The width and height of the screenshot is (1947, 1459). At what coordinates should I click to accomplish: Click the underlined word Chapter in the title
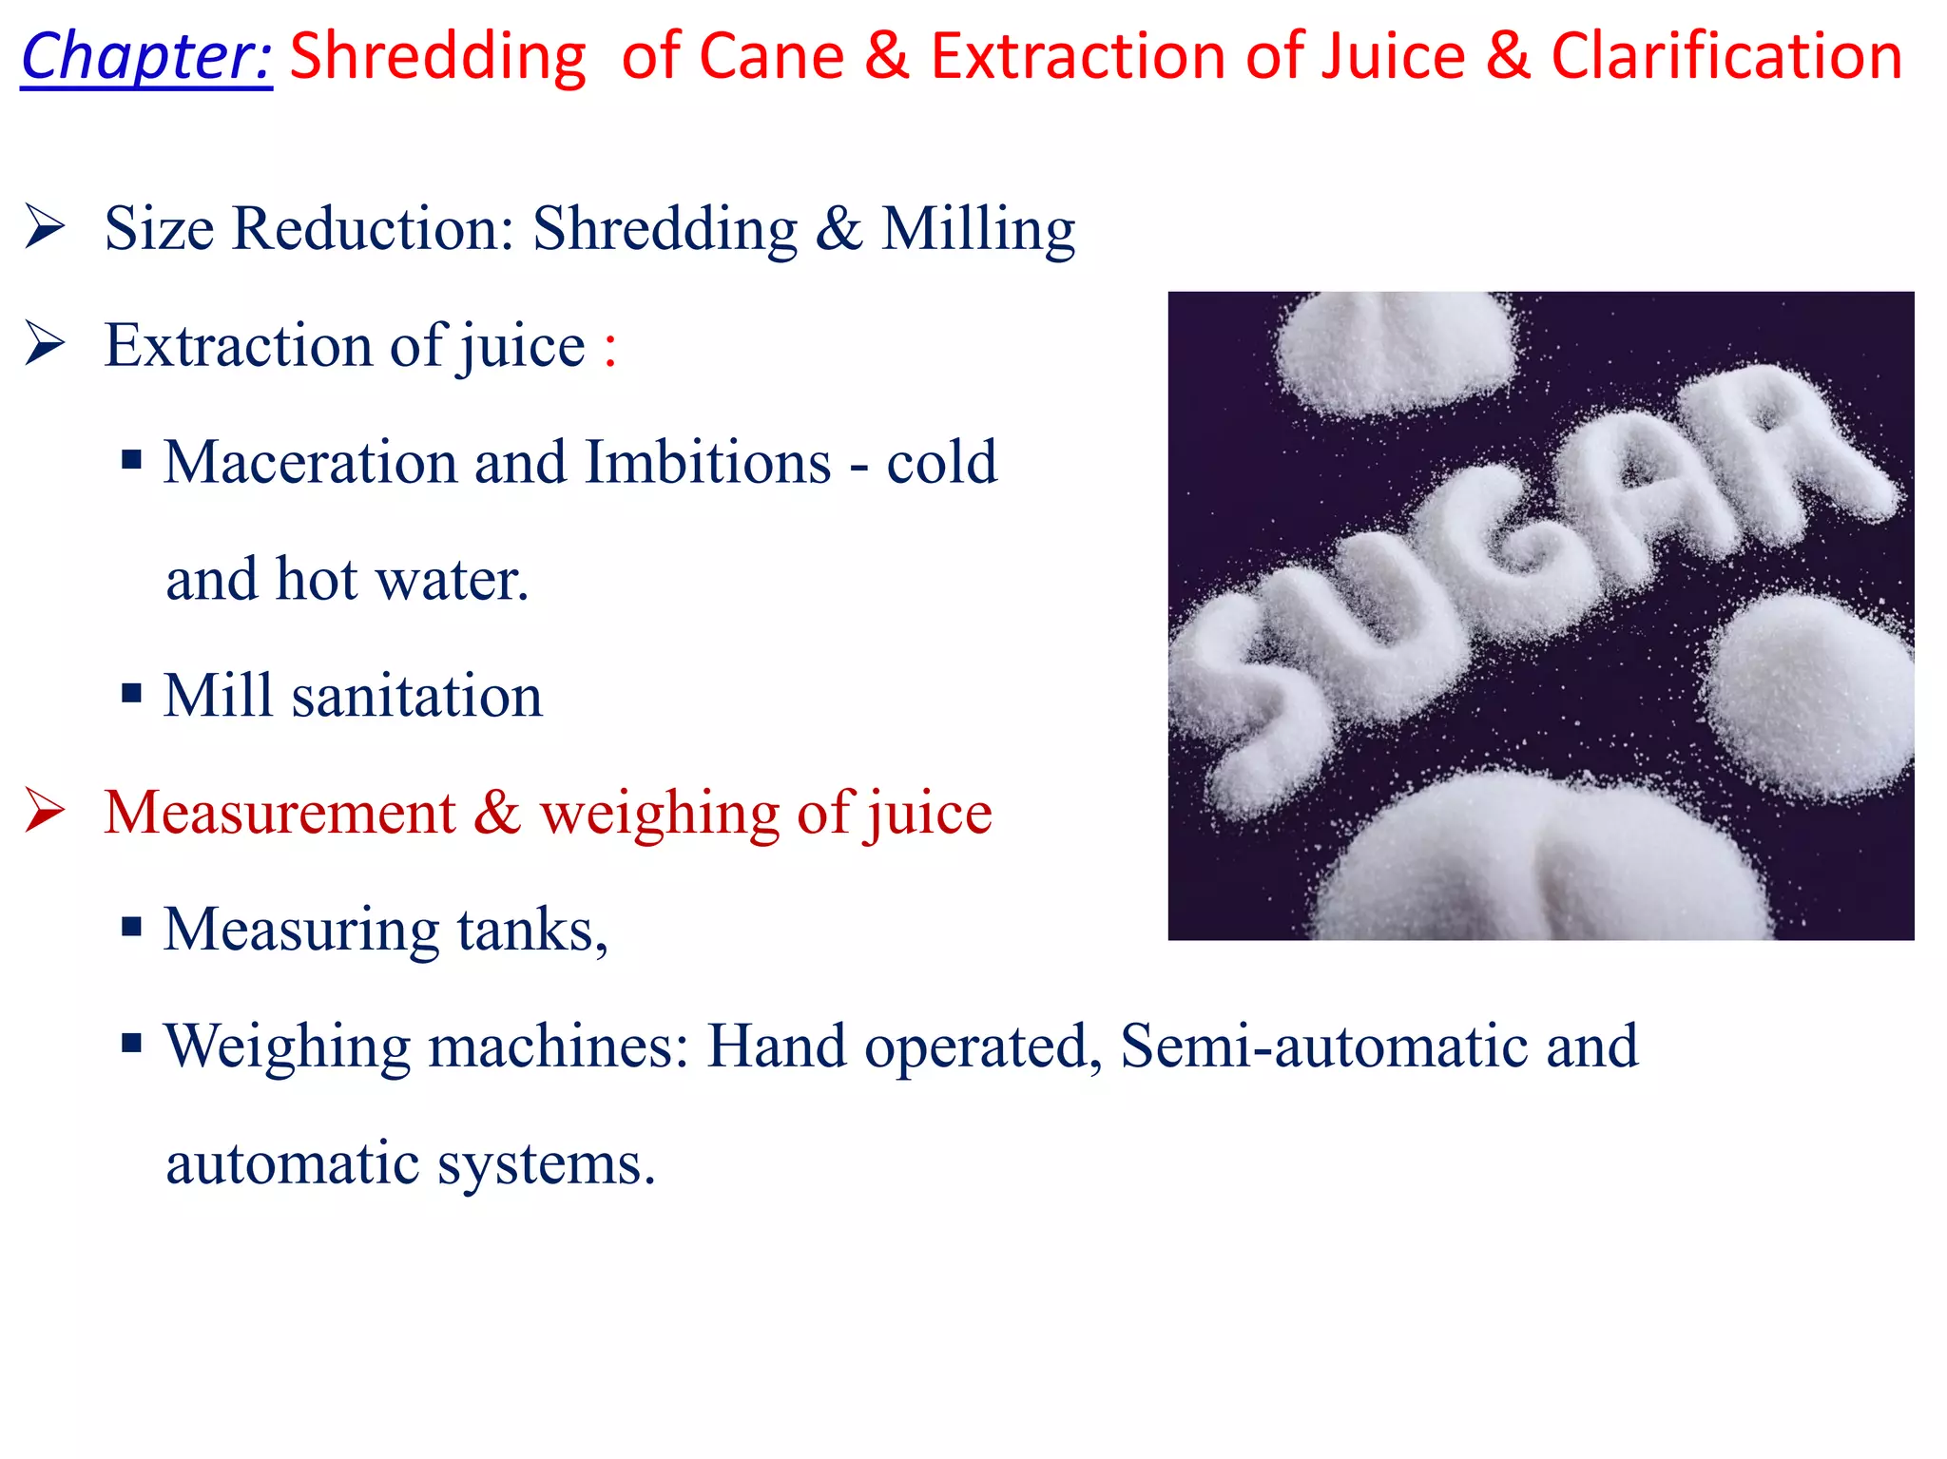pos(146,57)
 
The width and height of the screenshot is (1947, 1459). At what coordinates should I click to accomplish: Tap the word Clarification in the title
pos(1726,57)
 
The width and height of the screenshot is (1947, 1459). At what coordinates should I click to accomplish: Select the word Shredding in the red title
pos(438,57)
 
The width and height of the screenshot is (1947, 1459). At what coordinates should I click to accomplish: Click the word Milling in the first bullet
pos(978,230)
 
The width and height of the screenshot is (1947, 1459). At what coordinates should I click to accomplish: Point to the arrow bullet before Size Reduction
pos(45,227)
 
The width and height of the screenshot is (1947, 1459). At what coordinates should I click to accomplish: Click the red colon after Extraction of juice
pos(609,348)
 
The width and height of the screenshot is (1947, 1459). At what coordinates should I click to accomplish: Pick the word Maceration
pos(310,463)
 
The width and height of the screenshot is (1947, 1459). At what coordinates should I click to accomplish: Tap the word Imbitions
pos(708,463)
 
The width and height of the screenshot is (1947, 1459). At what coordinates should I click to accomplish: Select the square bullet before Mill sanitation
pos(132,694)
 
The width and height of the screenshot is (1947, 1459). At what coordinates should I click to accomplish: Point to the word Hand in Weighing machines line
pos(776,1046)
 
